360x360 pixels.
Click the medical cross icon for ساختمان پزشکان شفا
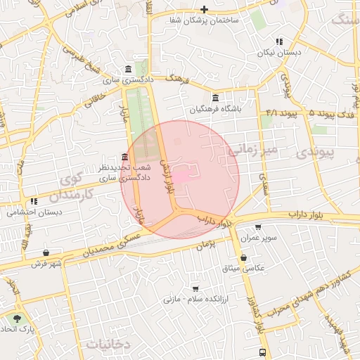point(204,9)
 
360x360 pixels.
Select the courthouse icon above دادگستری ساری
point(127,69)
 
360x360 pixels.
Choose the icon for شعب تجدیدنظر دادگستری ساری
point(124,156)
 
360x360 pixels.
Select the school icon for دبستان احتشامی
point(33,202)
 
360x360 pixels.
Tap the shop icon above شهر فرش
point(46,252)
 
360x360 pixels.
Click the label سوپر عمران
point(256,238)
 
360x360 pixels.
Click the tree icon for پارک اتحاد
point(8,319)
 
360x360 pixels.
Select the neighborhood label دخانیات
point(110,344)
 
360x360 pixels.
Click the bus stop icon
point(262,352)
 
